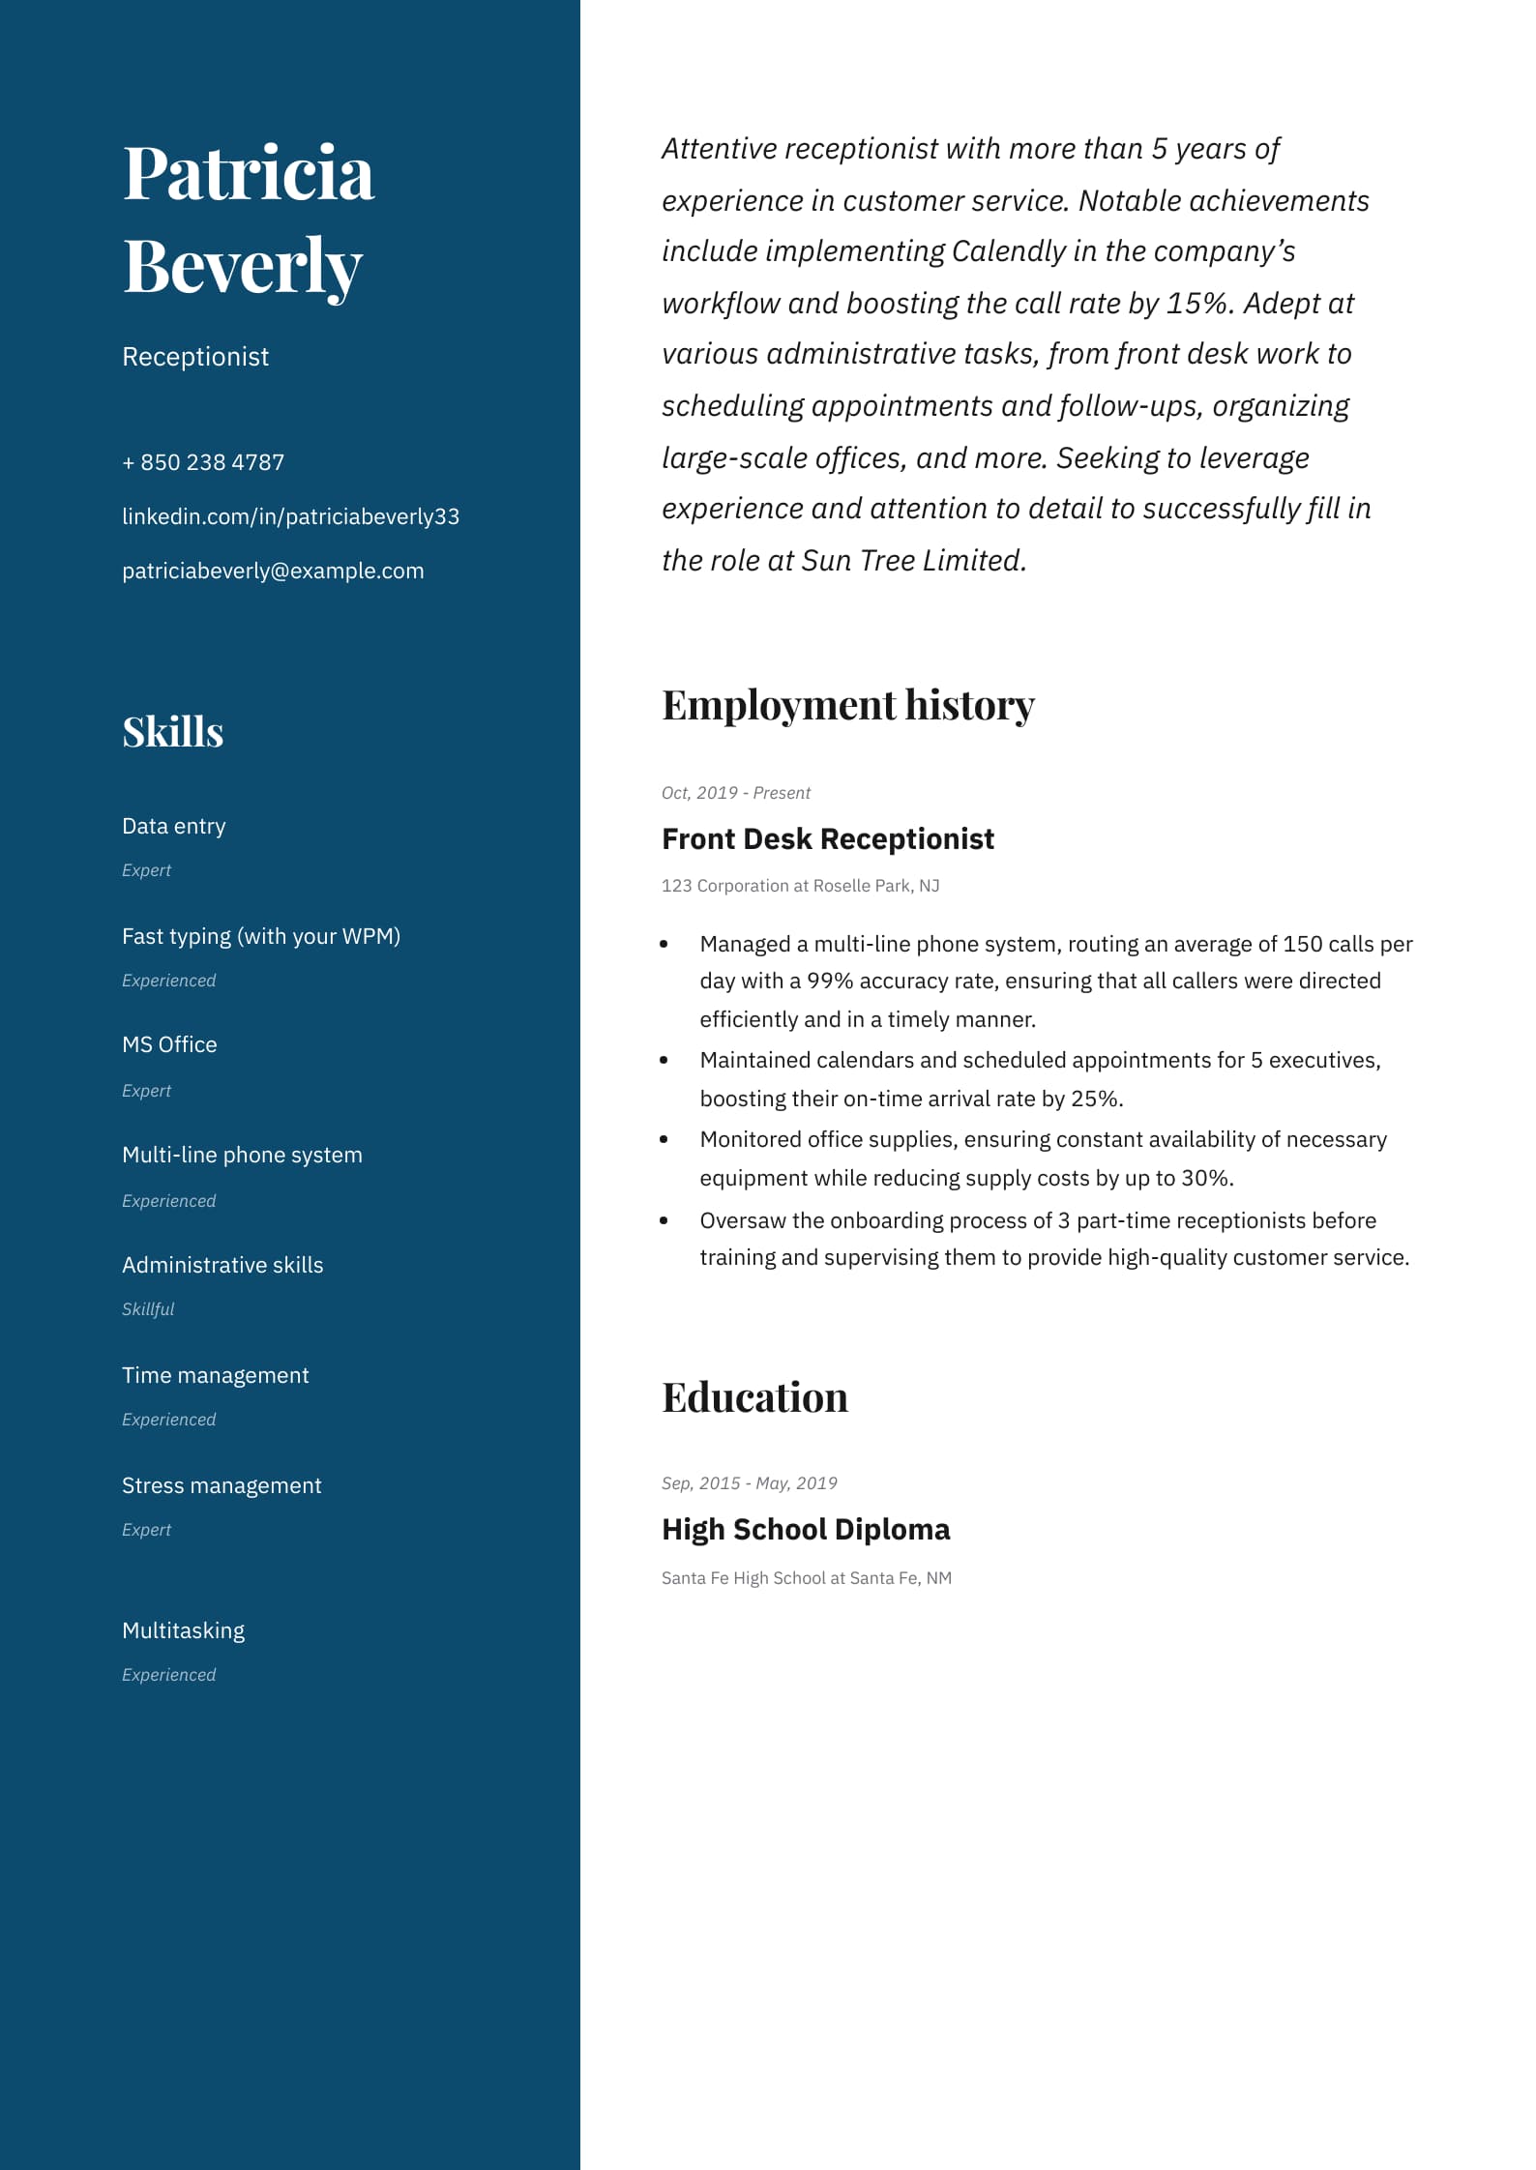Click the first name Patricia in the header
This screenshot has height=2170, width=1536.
(x=248, y=174)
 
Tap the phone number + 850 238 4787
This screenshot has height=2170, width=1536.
(x=203, y=462)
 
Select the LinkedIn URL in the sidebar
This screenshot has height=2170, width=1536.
(x=290, y=516)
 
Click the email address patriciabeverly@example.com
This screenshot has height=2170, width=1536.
(x=273, y=571)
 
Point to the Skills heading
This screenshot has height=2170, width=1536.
(x=173, y=732)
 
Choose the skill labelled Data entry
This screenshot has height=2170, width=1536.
(x=174, y=826)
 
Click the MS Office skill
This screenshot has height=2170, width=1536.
(x=169, y=1044)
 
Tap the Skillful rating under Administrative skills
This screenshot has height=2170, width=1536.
(x=148, y=1309)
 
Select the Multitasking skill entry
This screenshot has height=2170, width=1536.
(x=183, y=1630)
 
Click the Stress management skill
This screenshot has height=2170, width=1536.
(x=222, y=1485)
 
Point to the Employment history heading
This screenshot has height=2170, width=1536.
(x=847, y=705)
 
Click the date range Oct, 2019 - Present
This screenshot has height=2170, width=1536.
(x=735, y=793)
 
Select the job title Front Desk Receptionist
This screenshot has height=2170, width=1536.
(x=827, y=838)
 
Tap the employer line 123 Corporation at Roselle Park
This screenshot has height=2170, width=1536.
(x=800, y=886)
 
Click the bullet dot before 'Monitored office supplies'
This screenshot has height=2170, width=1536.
(x=664, y=1140)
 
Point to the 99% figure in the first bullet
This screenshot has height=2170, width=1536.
(x=830, y=981)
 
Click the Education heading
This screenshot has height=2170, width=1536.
(x=754, y=1397)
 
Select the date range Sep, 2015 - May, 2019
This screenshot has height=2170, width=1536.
(x=749, y=1483)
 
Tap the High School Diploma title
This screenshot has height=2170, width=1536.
(x=806, y=1529)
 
